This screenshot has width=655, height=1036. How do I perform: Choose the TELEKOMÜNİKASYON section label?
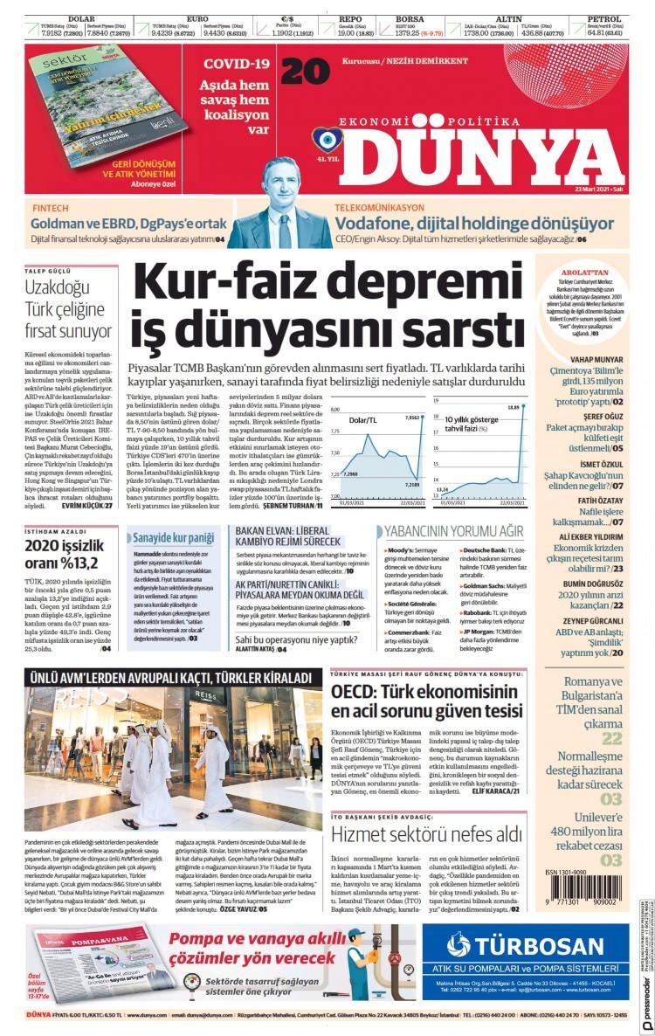coord(379,209)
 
